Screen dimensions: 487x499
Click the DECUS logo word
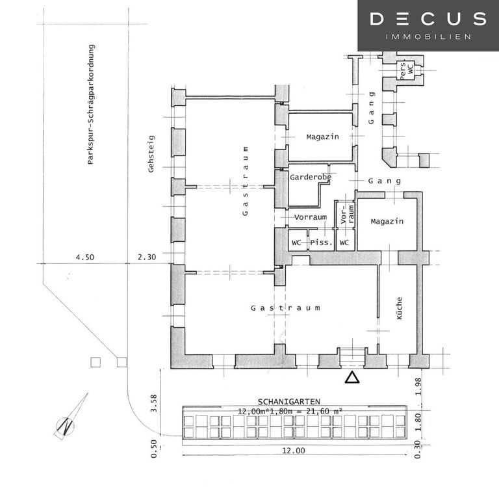(428, 19)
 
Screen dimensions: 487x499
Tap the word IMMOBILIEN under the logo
(428, 37)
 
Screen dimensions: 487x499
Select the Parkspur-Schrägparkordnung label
(92, 104)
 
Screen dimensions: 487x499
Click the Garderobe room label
(311, 177)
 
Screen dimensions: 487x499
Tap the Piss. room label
(321, 243)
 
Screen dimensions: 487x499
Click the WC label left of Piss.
(297, 243)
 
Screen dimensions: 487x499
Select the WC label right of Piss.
(344, 243)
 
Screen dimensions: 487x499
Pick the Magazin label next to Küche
(387, 221)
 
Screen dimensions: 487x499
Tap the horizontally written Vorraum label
(310, 217)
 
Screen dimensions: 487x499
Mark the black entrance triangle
(352, 377)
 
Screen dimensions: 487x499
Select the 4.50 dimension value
(84, 257)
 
